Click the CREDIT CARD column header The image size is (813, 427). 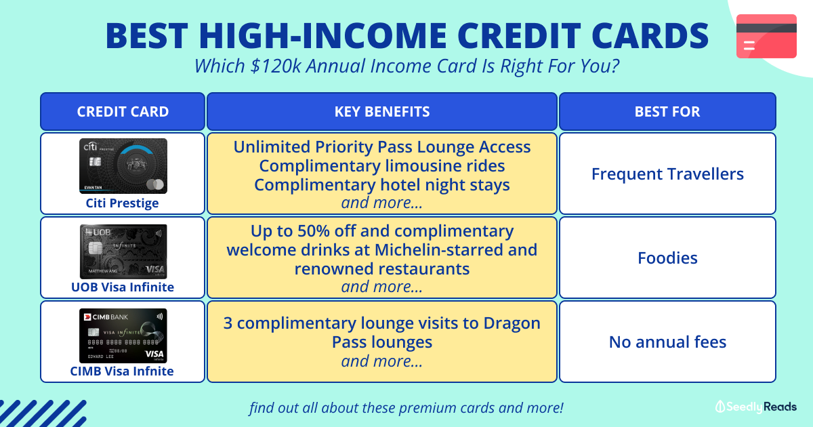(x=123, y=112)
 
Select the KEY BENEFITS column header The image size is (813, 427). (x=382, y=112)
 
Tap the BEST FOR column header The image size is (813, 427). (x=667, y=112)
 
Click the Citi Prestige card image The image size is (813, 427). (x=123, y=166)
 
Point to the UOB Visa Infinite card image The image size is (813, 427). (x=123, y=251)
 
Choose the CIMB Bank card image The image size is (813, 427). (x=123, y=335)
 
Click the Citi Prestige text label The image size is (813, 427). (x=123, y=203)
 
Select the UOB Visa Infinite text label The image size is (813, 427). (x=123, y=287)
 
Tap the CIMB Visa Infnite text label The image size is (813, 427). (x=123, y=371)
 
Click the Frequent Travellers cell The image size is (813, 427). (x=667, y=174)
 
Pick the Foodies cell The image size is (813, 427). (x=667, y=258)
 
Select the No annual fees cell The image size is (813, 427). (x=667, y=342)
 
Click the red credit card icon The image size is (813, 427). (x=766, y=36)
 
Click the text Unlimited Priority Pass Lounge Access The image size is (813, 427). (x=382, y=147)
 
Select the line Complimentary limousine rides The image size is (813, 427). (x=382, y=166)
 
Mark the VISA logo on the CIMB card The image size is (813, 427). (x=154, y=354)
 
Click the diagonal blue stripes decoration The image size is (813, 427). (x=41, y=412)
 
